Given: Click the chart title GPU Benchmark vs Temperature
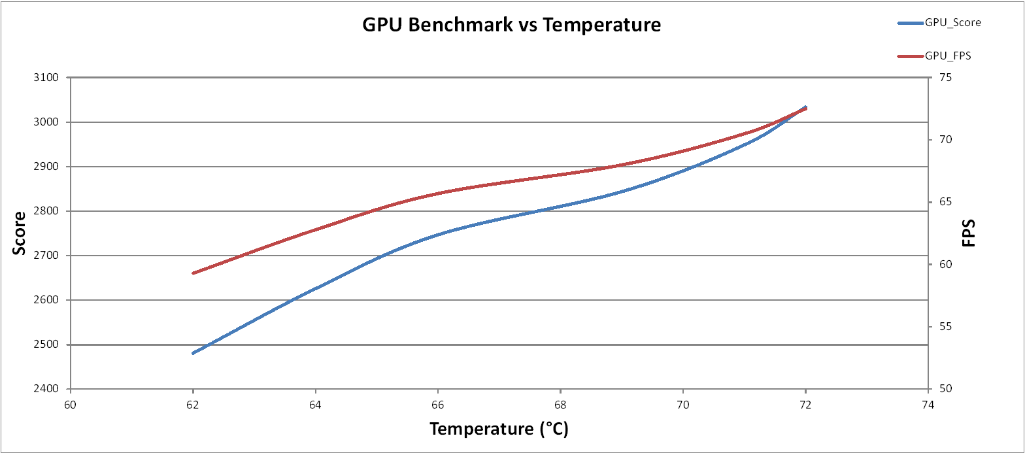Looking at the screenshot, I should [x=512, y=25].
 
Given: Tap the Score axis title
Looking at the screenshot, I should [x=20, y=233].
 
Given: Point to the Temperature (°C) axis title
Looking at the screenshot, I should [x=498, y=429].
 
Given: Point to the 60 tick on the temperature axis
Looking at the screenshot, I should [x=71, y=404].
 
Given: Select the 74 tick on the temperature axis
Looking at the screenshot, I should [x=928, y=404].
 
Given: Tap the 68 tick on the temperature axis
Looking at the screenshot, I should [x=560, y=404].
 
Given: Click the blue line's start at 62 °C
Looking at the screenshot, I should [x=193, y=353].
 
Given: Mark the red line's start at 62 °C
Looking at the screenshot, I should [x=193, y=273].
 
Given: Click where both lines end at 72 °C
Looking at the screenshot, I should [x=805, y=108].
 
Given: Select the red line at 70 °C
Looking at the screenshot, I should [x=683, y=151].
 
